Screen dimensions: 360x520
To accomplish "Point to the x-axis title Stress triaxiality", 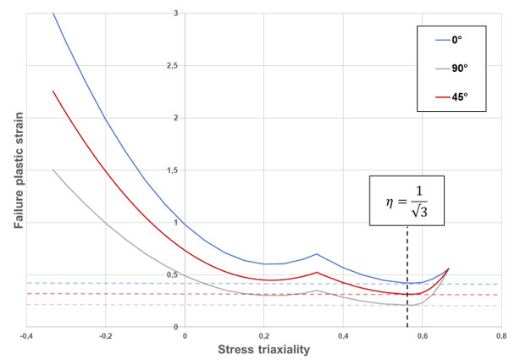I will click(263, 350).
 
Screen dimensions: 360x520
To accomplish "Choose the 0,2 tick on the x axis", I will click(263, 336).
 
